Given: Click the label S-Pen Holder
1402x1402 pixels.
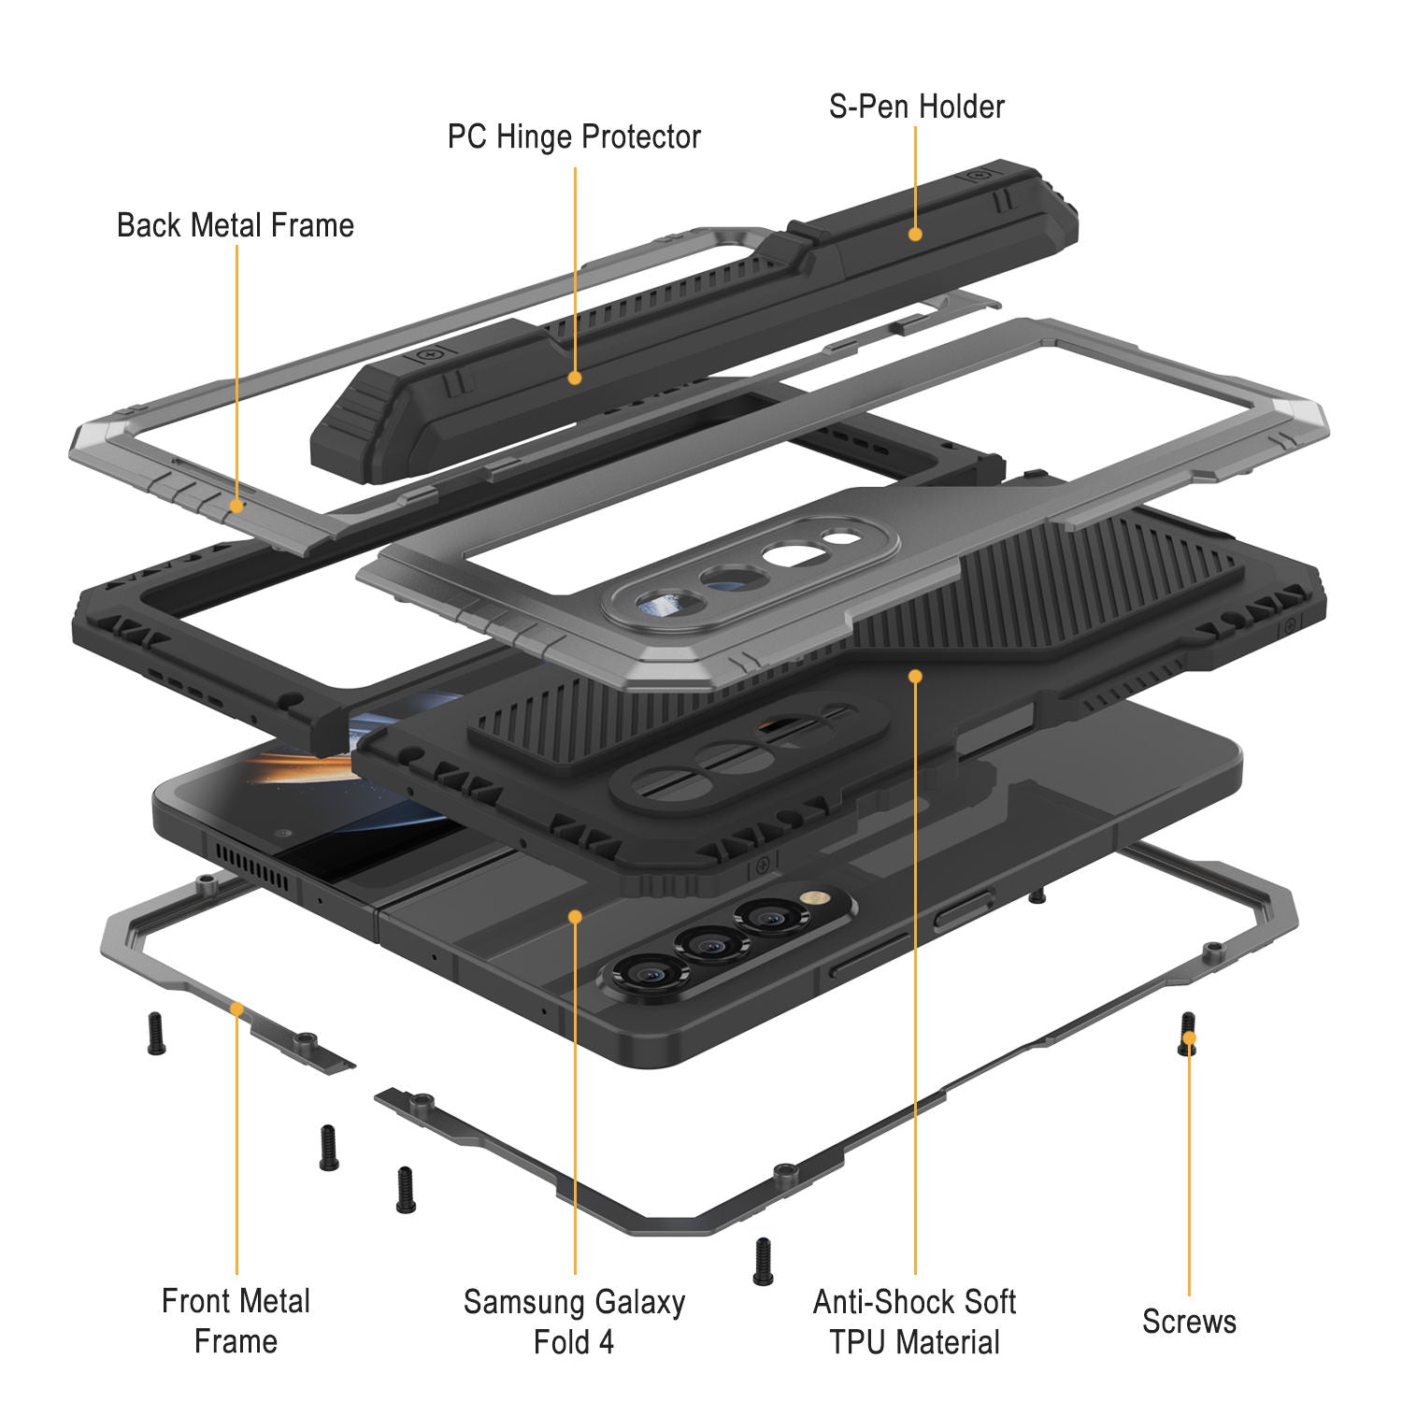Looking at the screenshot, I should (x=916, y=107).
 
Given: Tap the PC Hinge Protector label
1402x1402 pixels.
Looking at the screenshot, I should (x=574, y=137).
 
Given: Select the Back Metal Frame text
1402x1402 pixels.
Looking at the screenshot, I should (x=236, y=225).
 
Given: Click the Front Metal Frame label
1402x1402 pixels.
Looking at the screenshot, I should (x=236, y=1320).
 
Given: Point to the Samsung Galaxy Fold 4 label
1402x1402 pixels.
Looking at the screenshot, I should (x=574, y=1321).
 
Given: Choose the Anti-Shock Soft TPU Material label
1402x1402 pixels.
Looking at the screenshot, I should (x=914, y=1321).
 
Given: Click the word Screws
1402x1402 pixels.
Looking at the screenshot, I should (x=1188, y=1321).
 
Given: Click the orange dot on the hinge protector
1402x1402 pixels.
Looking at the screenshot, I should (x=575, y=378).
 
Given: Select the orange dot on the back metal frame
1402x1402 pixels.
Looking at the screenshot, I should (x=237, y=506).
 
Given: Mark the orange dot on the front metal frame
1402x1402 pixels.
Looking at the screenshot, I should (x=237, y=1009).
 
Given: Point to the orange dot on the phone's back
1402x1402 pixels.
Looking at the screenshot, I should (x=575, y=917).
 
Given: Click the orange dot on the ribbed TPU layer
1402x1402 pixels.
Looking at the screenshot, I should (x=915, y=675).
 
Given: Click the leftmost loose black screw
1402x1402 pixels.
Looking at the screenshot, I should (x=156, y=1034).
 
